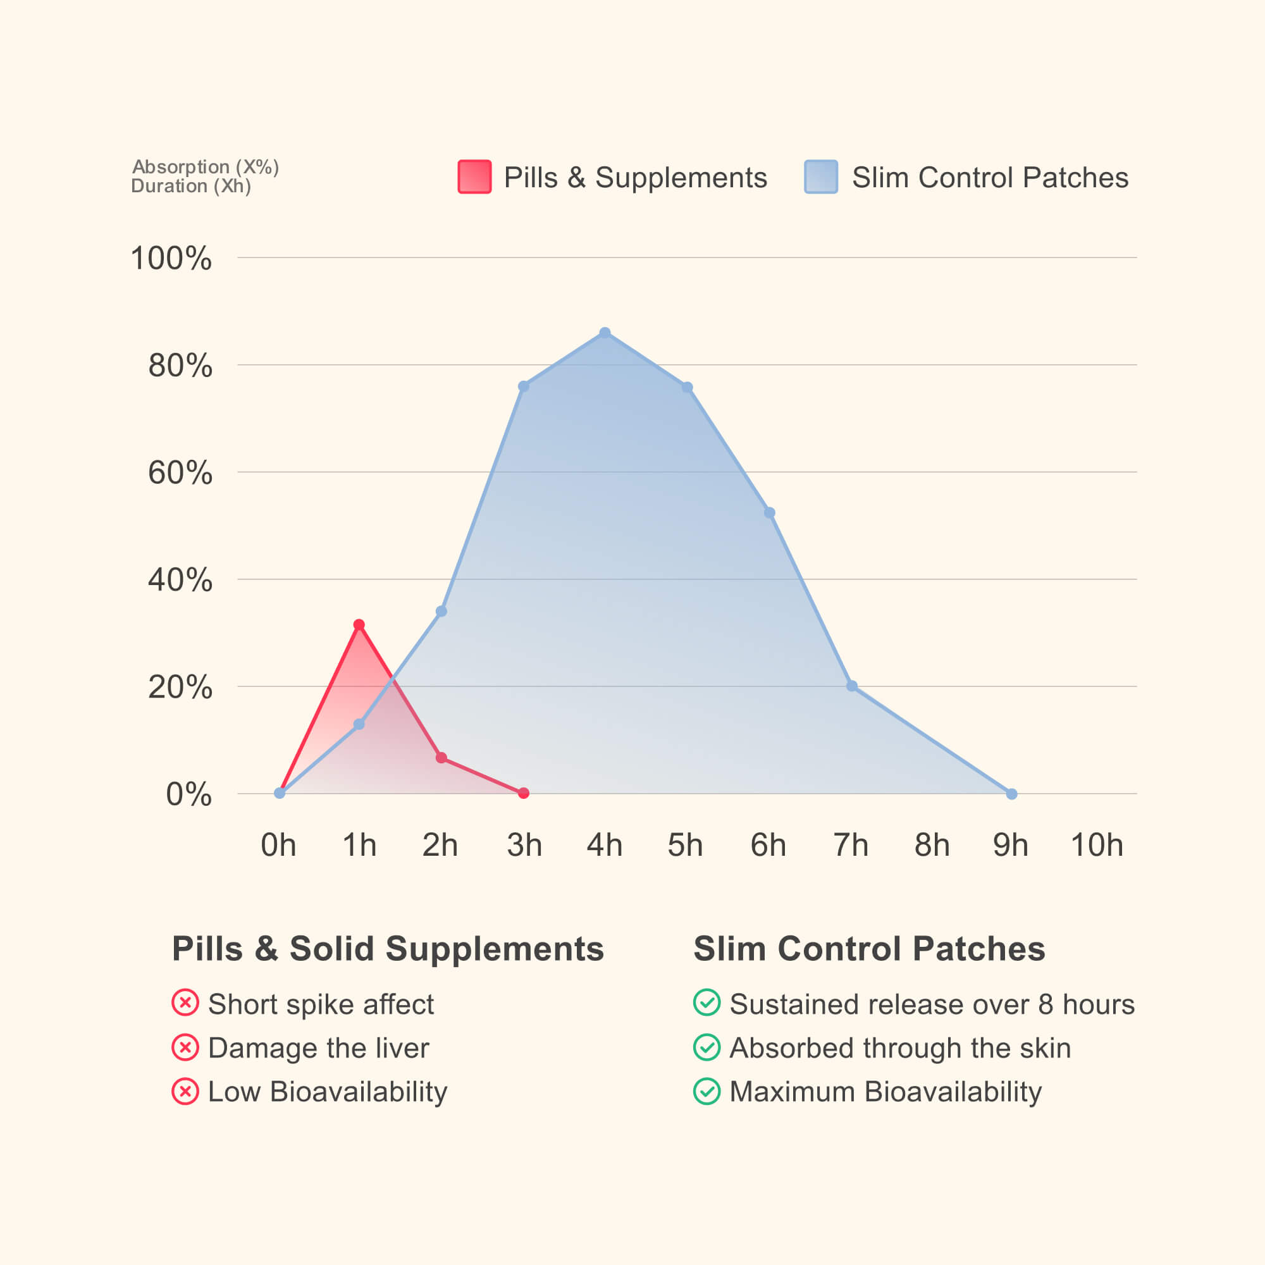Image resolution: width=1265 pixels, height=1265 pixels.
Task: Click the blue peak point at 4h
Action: tap(605, 333)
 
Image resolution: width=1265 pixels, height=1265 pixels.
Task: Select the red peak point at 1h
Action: tap(359, 625)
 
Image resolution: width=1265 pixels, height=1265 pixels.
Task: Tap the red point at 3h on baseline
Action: tap(523, 793)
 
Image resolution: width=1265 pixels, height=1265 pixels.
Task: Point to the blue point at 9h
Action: tap(1011, 794)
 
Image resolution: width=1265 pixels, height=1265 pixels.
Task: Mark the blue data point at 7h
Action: tap(851, 686)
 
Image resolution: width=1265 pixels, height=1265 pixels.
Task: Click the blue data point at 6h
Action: tap(769, 513)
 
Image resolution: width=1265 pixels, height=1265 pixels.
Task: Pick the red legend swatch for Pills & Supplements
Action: tap(474, 177)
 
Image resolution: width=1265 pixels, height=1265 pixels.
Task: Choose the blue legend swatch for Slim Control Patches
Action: tap(820, 177)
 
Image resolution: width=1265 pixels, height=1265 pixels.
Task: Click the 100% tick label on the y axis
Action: tap(171, 258)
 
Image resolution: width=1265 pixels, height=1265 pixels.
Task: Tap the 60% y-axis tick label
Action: tap(180, 472)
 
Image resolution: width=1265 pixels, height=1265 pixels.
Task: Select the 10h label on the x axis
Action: tap(1096, 844)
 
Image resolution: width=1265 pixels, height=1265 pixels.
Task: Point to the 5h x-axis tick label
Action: tap(685, 844)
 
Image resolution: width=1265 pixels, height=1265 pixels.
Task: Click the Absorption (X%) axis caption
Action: tap(206, 167)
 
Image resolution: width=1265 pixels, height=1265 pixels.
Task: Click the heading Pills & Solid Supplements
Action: tap(388, 949)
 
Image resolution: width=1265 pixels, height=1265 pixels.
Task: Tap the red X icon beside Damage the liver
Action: tap(185, 1047)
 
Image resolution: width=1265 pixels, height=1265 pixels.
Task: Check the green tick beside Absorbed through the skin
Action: tap(707, 1047)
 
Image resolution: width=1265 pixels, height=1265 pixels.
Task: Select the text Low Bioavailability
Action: tap(328, 1092)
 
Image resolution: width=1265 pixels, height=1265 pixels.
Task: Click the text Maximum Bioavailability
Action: tap(885, 1092)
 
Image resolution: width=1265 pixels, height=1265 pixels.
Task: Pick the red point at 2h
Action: tap(441, 758)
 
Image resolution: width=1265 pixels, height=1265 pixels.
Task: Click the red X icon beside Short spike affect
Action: tap(185, 1003)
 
